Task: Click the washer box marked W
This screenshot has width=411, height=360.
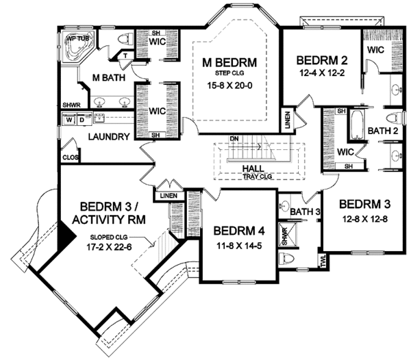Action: tap(69, 120)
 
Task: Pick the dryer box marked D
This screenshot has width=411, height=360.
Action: tap(81, 120)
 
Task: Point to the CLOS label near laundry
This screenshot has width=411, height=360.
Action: tap(69, 157)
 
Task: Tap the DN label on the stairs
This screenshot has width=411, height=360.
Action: tap(234, 140)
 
